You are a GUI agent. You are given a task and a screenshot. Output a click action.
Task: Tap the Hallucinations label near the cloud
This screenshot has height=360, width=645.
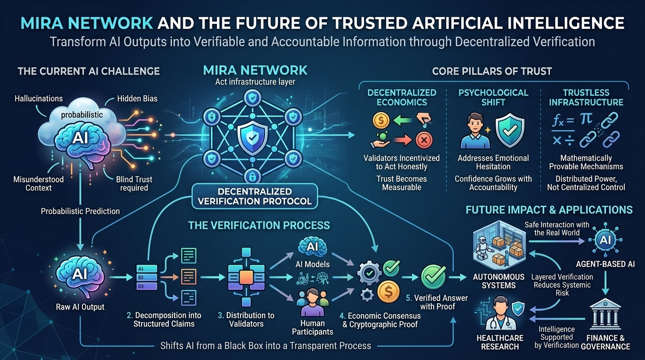38,99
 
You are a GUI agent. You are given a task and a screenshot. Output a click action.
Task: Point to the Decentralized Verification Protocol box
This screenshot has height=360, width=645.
254,196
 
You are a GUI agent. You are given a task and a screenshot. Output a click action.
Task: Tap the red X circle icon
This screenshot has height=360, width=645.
423,140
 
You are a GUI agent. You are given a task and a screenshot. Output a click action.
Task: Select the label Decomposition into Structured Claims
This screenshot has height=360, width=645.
167,319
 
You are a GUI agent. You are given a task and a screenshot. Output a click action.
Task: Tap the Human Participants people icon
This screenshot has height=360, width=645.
312,301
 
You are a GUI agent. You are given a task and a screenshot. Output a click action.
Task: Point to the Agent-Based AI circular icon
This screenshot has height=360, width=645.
605,240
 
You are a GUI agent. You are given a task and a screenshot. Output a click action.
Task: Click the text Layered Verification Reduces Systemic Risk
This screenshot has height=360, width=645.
562,285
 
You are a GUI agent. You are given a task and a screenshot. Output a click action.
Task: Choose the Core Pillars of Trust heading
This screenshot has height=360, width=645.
492,71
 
